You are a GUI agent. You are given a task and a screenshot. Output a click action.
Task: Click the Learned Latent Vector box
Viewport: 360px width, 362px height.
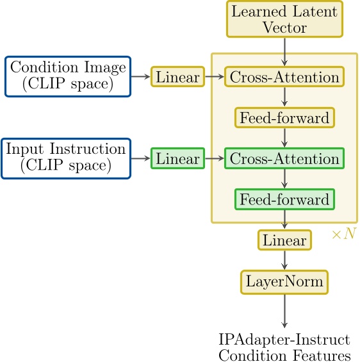click(x=284, y=19)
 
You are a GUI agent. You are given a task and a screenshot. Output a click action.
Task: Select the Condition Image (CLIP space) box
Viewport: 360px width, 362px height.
click(x=68, y=77)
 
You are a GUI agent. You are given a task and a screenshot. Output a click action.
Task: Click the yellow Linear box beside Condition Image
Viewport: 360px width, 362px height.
click(x=177, y=77)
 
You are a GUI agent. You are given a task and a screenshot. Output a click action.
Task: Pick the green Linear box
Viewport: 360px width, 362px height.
click(x=177, y=158)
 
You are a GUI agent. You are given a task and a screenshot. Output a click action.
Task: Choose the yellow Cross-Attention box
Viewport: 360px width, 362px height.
click(x=284, y=77)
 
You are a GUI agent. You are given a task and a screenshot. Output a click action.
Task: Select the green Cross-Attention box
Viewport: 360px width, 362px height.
click(x=284, y=158)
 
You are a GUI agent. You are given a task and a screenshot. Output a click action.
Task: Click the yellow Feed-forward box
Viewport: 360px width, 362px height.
click(x=284, y=118)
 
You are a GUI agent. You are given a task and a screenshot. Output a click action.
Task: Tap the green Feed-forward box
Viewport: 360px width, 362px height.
click(x=284, y=199)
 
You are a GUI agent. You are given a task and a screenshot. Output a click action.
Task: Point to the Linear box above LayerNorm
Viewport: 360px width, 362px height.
click(x=284, y=240)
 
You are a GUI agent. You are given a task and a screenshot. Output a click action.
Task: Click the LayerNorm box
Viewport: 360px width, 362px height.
click(x=284, y=281)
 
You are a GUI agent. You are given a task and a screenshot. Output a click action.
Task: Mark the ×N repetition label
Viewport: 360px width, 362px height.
click(x=343, y=234)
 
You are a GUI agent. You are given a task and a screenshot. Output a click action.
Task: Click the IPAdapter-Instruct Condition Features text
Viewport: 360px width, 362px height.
click(x=284, y=347)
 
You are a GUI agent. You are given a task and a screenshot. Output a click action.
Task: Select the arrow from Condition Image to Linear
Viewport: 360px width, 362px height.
click(x=140, y=77)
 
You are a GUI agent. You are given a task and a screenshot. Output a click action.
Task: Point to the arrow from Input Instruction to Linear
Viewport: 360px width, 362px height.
click(x=140, y=158)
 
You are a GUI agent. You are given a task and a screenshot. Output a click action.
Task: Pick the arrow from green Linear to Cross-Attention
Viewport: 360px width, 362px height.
click(x=214, y=158)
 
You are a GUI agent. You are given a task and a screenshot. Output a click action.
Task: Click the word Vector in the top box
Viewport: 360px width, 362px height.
click(x=284, y=27)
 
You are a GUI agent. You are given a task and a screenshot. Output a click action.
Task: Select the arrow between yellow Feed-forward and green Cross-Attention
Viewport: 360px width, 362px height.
click(x=284, y=138)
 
